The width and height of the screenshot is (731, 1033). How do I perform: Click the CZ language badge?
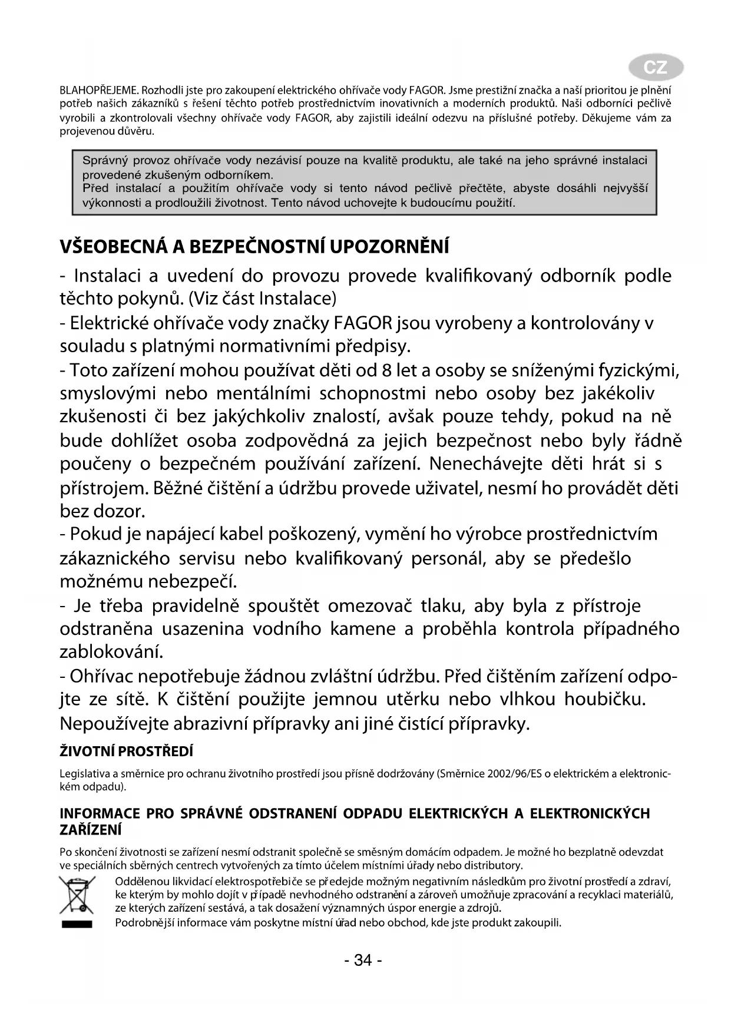click(x=655, y=68)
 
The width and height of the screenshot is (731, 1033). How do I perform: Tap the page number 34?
click(x=363, y=961)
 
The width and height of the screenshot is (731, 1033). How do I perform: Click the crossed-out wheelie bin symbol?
click(x=77, y=896)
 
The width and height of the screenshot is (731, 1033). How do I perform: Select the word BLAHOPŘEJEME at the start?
click(x=99, y=91)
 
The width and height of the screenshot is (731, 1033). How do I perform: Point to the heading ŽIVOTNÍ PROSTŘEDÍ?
click(x=127, y=751)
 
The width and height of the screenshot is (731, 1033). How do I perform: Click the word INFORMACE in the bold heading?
click(x=101, y=814)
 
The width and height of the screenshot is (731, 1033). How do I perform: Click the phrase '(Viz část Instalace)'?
click(x=262, y=299)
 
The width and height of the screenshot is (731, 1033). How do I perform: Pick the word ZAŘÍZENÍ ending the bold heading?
click(x=91, y=829)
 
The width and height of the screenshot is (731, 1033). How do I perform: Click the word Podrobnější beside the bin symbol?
click(x=143, y=922)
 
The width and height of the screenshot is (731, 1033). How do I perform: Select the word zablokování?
click(x=111, y=652)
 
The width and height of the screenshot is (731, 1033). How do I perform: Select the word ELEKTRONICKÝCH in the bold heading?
click(x=590, y=814)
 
